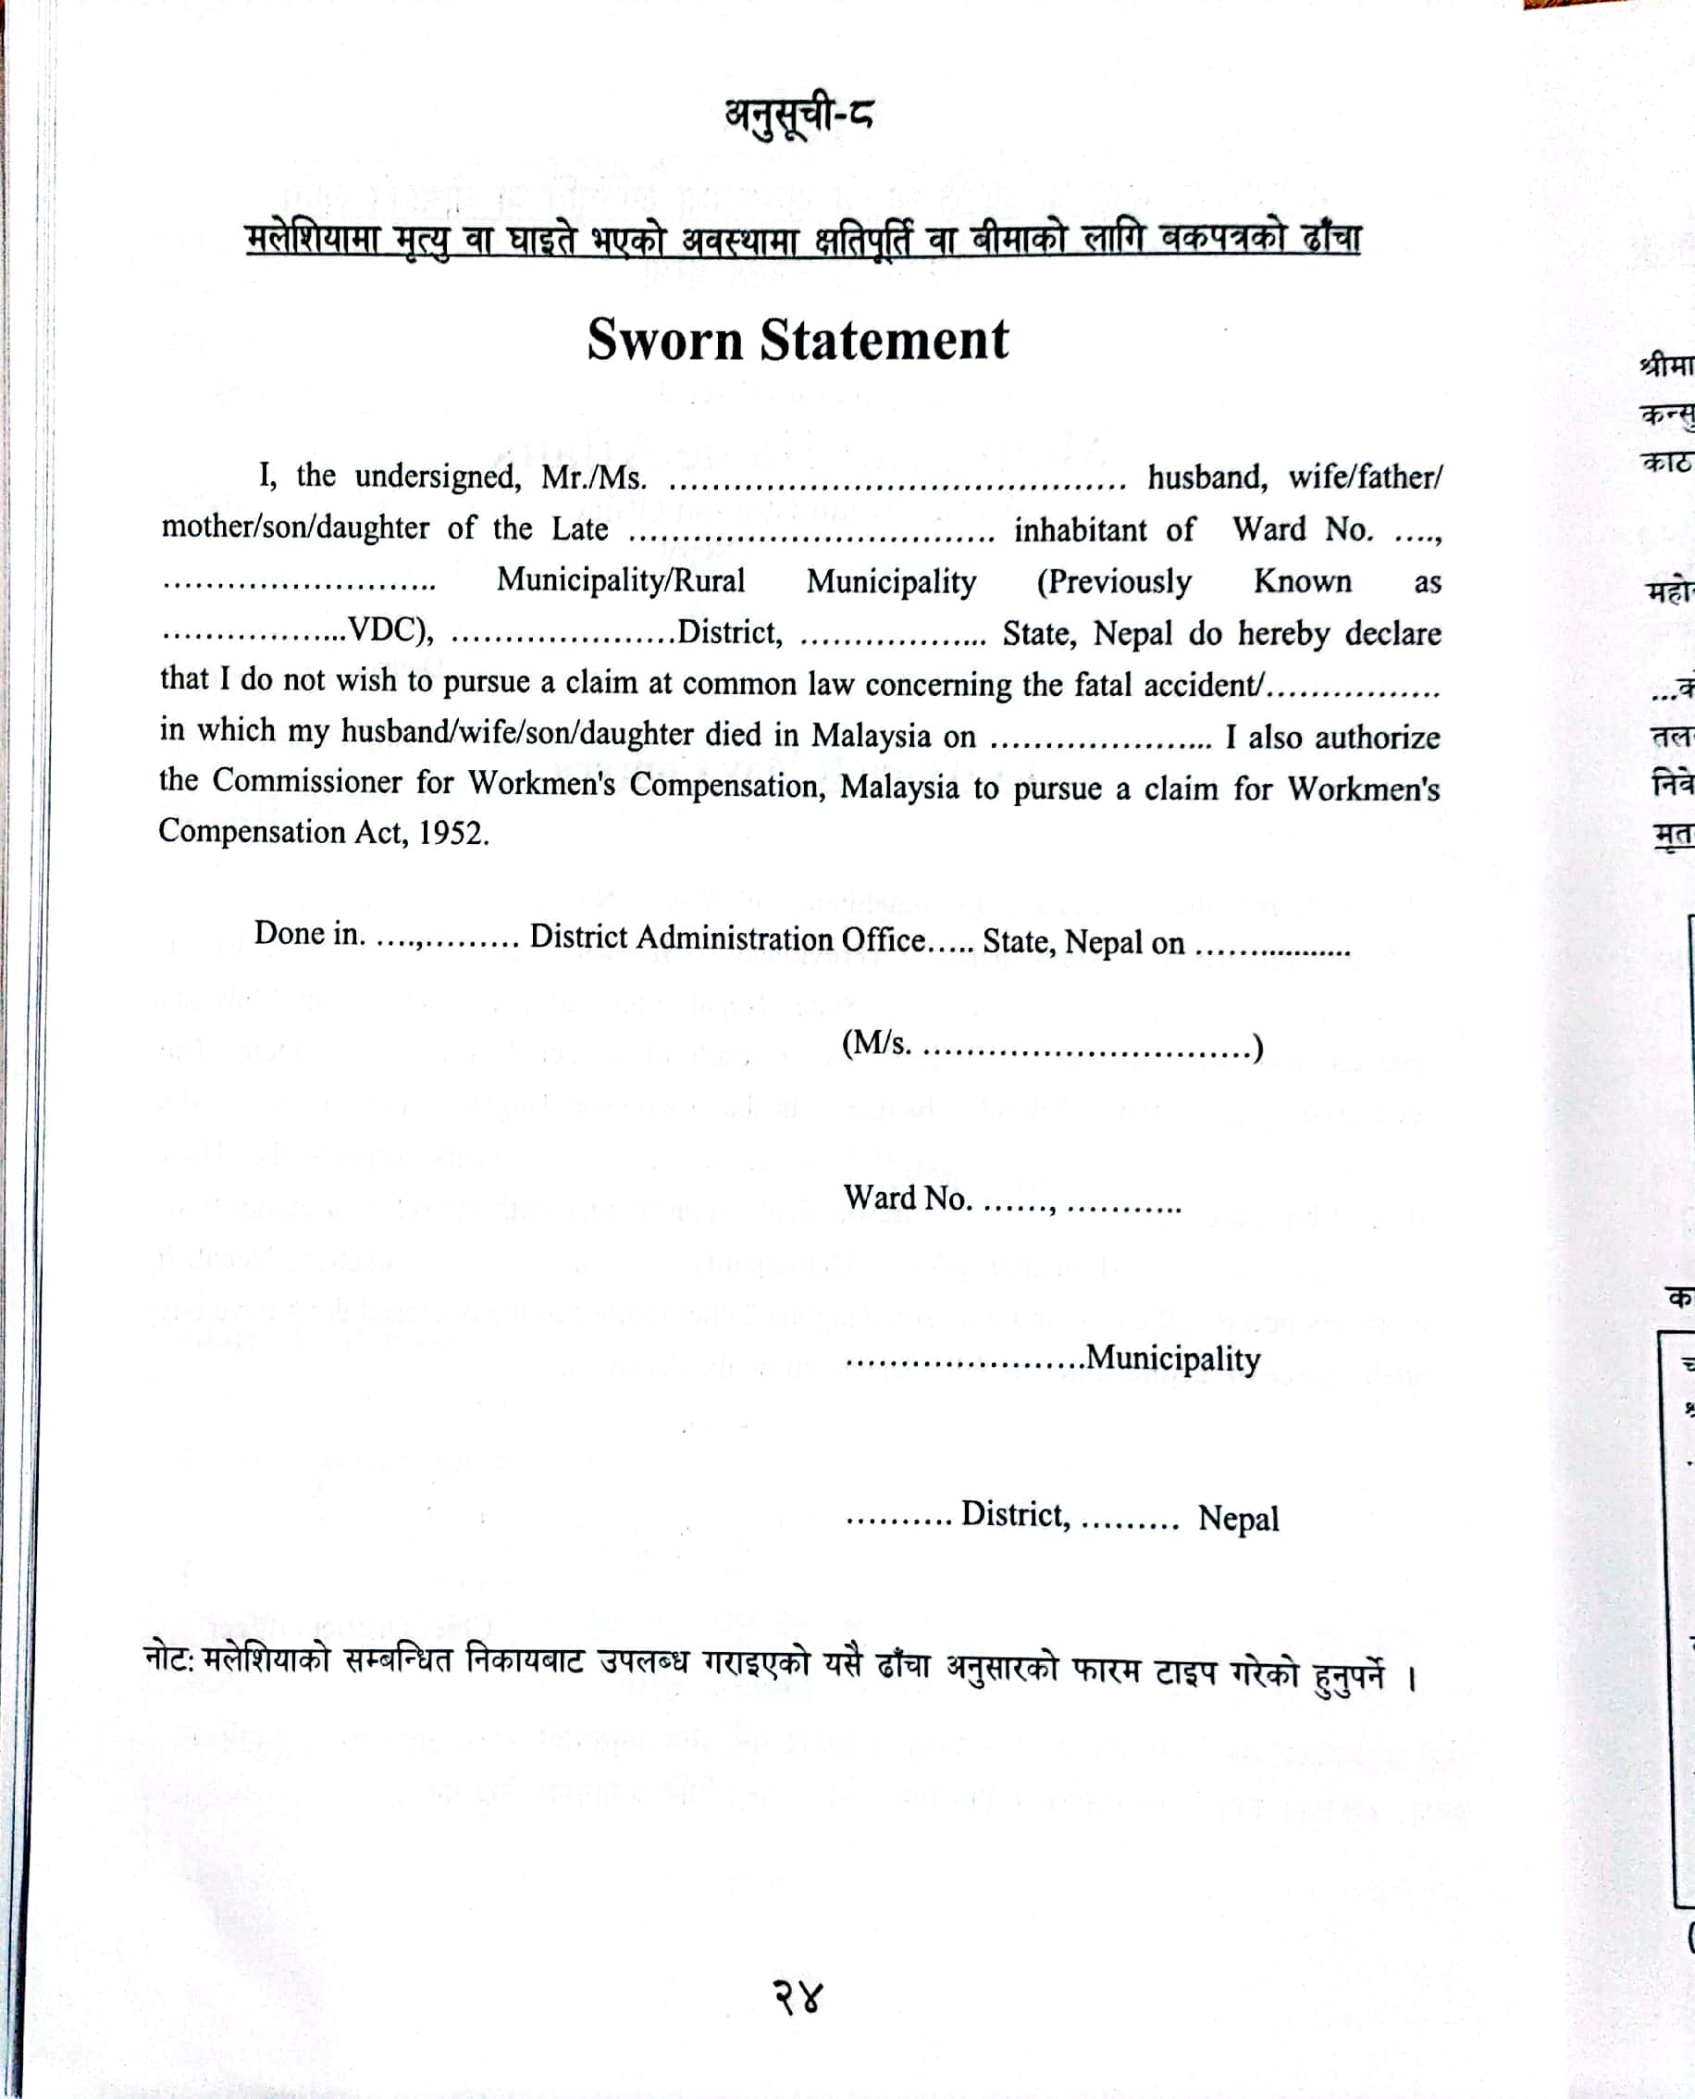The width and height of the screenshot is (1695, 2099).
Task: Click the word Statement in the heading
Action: pos(884,341)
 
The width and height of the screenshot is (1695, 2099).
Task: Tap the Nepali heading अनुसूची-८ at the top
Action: pos(798,117)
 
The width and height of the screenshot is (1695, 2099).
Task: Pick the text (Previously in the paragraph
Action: pos(1114,582)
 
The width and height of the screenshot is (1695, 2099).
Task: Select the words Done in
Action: pos(310,934)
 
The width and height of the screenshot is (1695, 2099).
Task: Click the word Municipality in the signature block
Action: pos(1172,1359)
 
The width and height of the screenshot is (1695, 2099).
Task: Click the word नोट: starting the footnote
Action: pos(170,1657)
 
